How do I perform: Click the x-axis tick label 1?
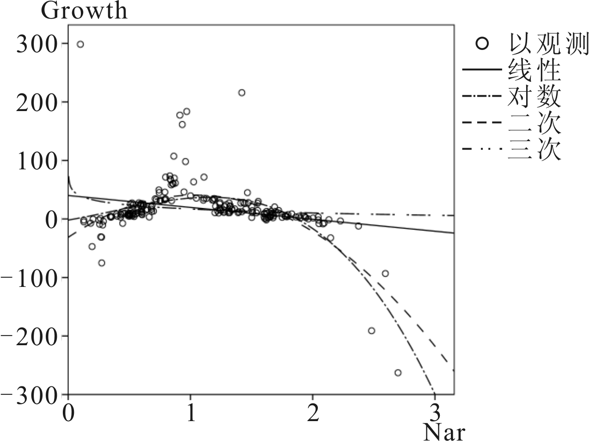pyautogui.click(x=190, y=412)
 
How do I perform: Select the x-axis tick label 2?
pyautogui.click(x=313, y=412)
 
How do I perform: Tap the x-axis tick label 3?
pyautogui.click(x=435, y=412)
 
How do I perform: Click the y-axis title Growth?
pyautogui.click(x=84, y=11)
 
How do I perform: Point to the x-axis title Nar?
pyautogui.click(x=444, y=433)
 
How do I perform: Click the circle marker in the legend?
pyautogui.click(x=482, y=44)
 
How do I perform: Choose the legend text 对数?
pyautogui.click(x=534, y=97)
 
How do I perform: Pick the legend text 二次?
pyautogui.click(x=534, y=123)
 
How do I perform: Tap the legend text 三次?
pyautogui.click(x=534, y=149)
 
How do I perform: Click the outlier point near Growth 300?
pyautogui.click(x=80, y=44)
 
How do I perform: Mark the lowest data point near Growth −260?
pyautogui.click(x=398, y=373)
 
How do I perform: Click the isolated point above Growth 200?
pyautogui.click(x=241, y=93)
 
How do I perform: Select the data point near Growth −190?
pyautogui.click(x=371, y=330)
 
